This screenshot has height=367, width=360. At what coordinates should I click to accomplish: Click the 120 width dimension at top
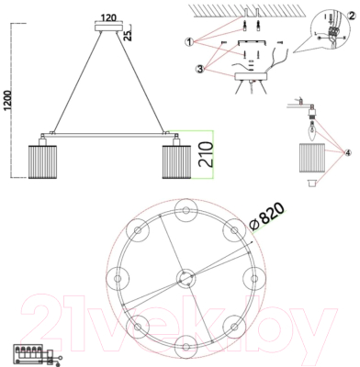coord(109,17)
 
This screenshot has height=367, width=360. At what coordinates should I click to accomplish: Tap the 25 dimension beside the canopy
coord(129,37)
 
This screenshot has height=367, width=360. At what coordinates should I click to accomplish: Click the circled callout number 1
coord(188,42)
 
